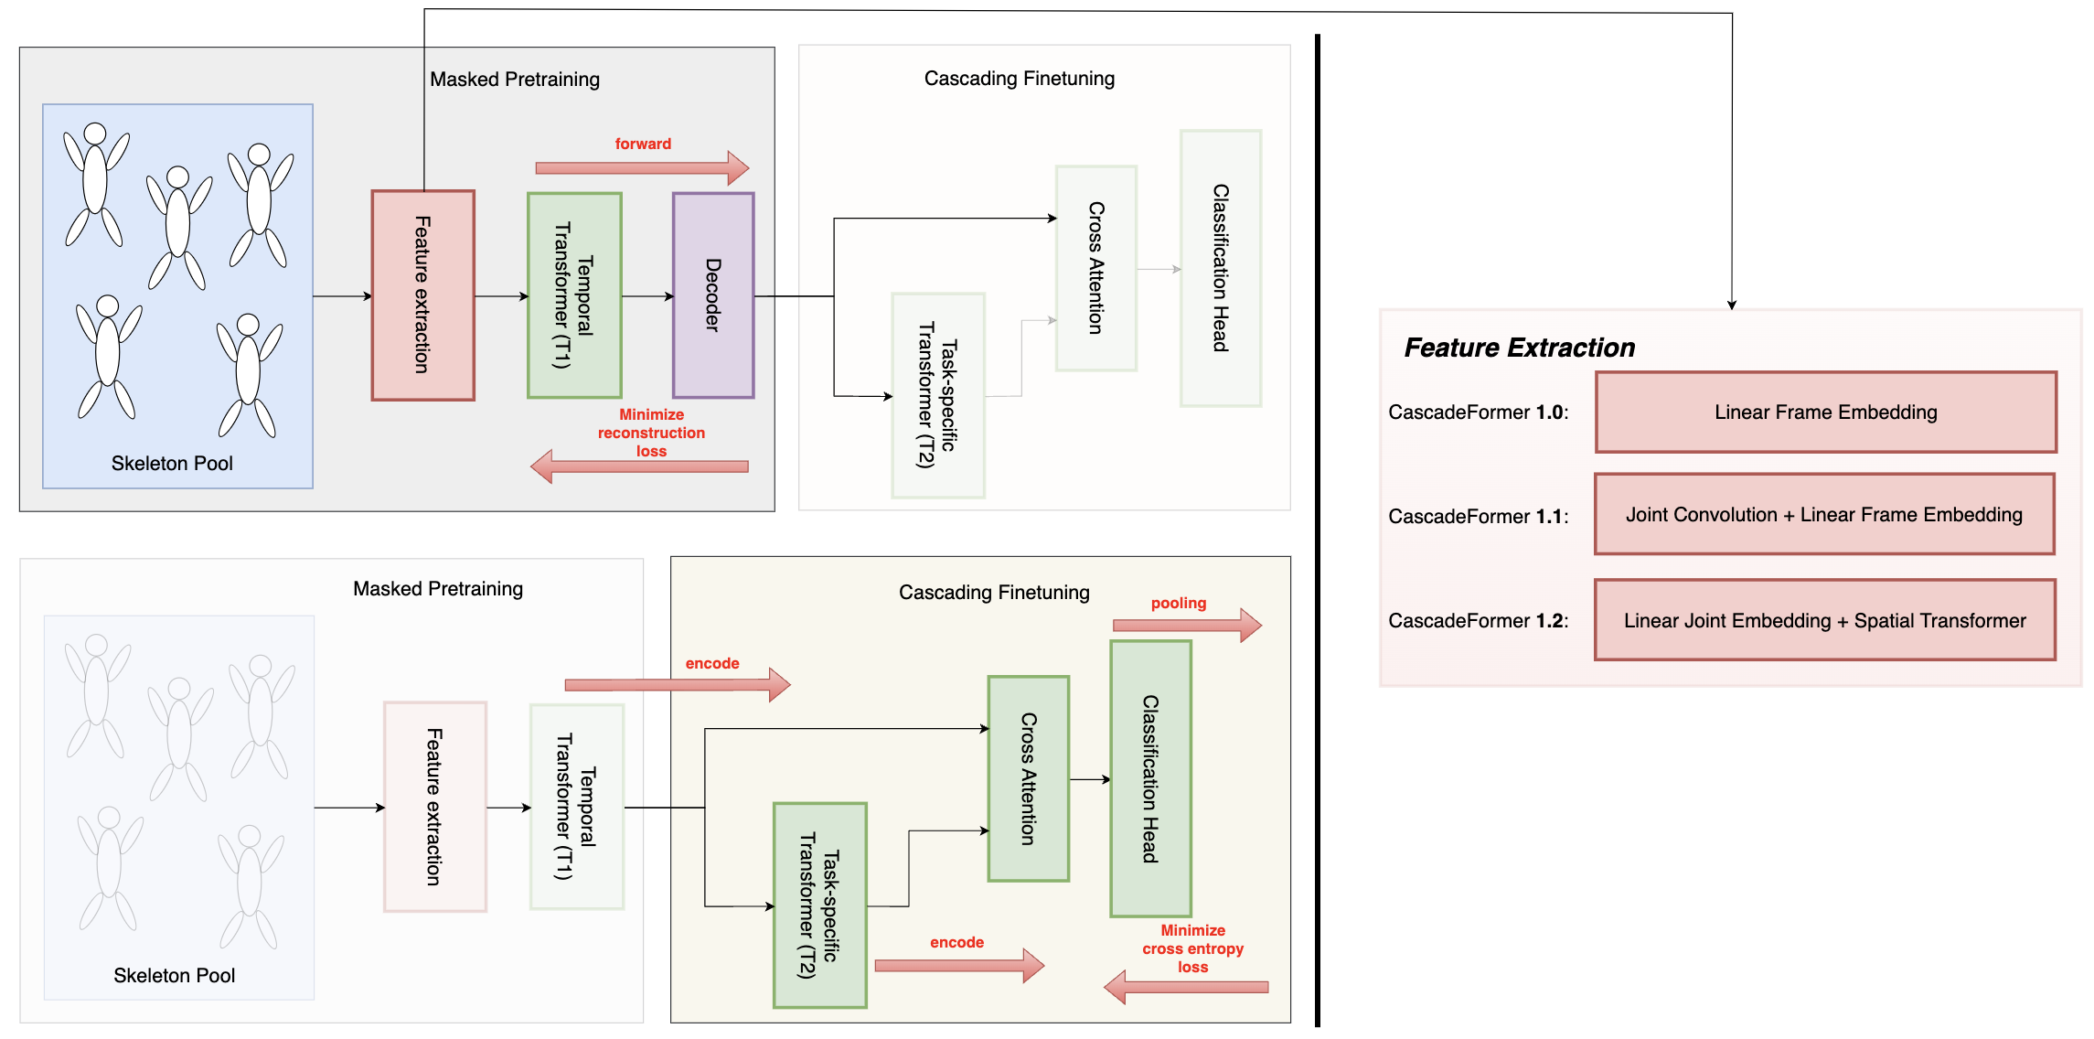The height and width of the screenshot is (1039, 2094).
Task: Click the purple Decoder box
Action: (x=713, y=295)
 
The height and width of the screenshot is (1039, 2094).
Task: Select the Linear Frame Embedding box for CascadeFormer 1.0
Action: (x=1825, y=412)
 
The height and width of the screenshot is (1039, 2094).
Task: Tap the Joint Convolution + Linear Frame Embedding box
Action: (x=1824, y=514)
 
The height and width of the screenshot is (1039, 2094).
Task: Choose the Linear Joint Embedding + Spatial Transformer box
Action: (x=1824, y=620)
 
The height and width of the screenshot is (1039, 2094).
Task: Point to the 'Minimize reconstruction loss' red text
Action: (x=651, y=433)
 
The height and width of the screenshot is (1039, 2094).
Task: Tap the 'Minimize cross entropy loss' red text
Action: (x=1192, y=948)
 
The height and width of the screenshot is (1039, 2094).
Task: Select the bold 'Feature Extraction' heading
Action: (x=1519, y=348)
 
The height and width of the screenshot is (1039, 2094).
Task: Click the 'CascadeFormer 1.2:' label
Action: (x=1478, y=621)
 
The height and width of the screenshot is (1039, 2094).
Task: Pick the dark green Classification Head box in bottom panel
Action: (x=1150, y=778)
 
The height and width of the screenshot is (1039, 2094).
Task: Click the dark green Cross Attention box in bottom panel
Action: (x=1028, y=778)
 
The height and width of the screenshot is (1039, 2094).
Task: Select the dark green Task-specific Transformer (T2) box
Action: (x=819, y=905)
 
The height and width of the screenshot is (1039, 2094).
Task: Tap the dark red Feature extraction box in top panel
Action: (x=422, y=295)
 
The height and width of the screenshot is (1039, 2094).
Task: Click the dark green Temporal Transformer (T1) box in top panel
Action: (x=574, y=295)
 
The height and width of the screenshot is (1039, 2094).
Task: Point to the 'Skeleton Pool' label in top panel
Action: (x=172, y=464)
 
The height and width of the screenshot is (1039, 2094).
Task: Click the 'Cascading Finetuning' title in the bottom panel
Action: (x=994, y=593)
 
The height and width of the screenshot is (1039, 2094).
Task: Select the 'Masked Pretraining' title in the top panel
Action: (x=515, y=80)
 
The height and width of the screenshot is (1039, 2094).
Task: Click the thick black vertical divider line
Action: (x=1317, y=530)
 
